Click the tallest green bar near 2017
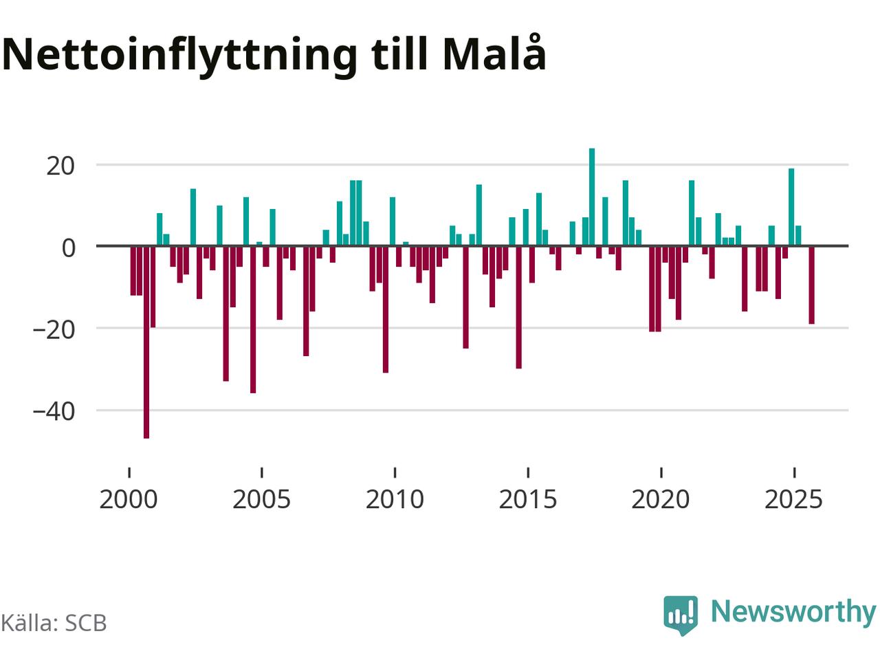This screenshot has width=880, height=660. pos(592,197)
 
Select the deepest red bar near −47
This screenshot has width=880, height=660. pos(146,342)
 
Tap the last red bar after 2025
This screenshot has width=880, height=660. pos(812,285)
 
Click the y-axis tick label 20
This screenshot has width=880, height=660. pos(60,166)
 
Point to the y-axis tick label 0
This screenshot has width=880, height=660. pos(68,247)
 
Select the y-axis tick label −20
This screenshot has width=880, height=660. pos(53,329)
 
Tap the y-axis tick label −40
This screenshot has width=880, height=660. pos(53,410)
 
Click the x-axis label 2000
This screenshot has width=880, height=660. pos(129,499)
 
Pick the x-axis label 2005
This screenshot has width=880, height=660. pos(261,499)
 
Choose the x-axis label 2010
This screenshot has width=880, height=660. pos(395,499)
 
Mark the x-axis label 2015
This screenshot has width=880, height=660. pos(527,499)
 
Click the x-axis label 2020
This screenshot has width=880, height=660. pos(661,499)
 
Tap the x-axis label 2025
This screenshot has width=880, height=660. pos(793,499)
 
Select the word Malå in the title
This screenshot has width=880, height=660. pos(494,54)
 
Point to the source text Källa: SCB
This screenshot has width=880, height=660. pos(54,623)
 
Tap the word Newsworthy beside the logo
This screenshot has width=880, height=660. pos(793,611)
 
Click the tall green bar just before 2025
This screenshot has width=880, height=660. pos(792,207)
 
